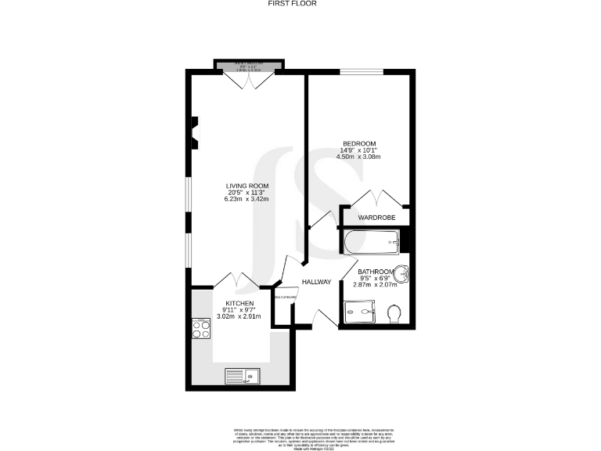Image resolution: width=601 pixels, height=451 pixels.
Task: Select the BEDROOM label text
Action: pos(359,143)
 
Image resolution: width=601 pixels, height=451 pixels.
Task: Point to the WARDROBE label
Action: pos(376,217)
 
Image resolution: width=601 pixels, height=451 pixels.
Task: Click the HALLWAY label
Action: pos(316,282)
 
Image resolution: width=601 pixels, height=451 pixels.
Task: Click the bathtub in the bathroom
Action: pos(370,242)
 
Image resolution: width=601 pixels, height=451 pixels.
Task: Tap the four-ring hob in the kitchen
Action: pos(199,329)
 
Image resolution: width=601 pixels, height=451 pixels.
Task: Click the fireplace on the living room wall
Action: pos(195,132)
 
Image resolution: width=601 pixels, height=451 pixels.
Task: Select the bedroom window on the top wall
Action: pos(361,72)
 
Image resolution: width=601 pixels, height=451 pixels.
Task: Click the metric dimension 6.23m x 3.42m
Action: pos(247,200)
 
